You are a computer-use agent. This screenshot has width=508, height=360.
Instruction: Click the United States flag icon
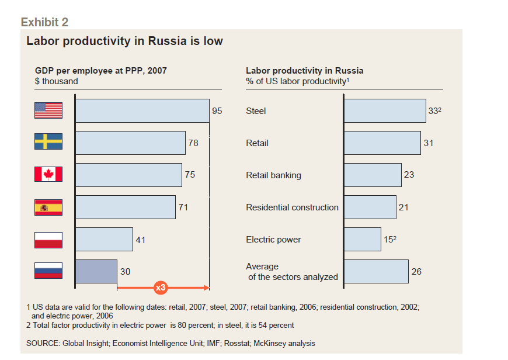(48, 110)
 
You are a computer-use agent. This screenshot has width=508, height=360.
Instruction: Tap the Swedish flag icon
(48, 142)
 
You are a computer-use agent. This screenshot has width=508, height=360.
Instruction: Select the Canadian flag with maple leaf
(48, 174)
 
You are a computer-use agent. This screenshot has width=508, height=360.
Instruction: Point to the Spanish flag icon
(48, 207)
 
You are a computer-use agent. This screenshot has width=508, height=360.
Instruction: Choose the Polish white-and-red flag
(48, 239)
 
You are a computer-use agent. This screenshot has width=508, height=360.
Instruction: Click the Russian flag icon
(48, 271)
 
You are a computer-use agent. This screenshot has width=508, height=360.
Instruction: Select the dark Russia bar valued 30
(96, 271)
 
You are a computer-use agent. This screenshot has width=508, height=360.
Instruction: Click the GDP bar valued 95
(142, 110)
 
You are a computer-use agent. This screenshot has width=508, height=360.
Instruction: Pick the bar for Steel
(385, 110)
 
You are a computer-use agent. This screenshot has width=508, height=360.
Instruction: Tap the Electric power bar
(363, 239)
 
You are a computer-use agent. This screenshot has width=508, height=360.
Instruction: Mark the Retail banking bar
(373, 175)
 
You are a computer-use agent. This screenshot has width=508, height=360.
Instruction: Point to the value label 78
(193, 143)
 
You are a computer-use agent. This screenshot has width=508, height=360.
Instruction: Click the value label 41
(140, 240)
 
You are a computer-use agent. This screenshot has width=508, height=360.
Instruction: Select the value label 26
(416, 272)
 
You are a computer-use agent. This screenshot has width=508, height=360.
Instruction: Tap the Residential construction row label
(292, 207)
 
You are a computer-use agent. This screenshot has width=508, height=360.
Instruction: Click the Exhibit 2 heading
(44, 22)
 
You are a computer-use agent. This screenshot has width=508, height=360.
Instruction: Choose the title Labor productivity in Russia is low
(124, 41)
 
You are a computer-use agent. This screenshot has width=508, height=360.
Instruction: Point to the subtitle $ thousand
(56, 81)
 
